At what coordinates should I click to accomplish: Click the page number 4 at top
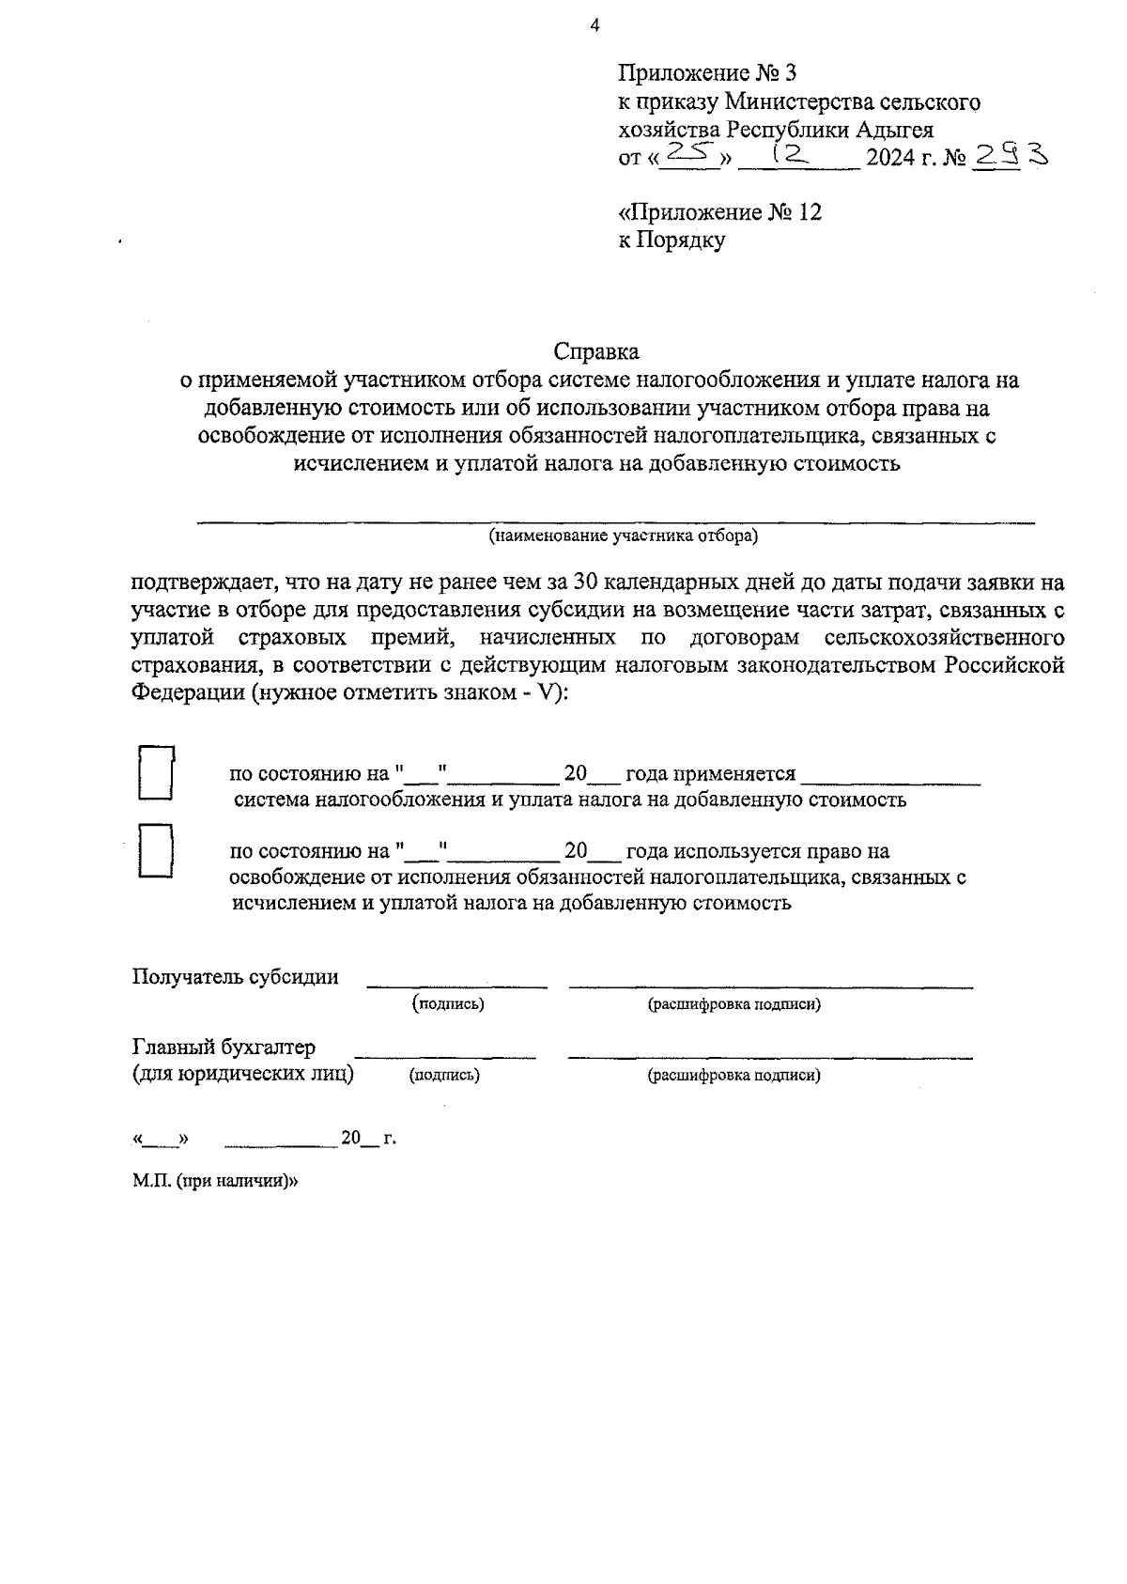pyautogui.click(x=594, y=26)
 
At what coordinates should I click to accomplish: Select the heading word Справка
pyautogui.click(x=596, y=352)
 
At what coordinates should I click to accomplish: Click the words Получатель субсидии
pyautogui.click(x=236, y=976)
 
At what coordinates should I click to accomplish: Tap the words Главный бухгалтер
pyautogui.click(x=224, y=1047)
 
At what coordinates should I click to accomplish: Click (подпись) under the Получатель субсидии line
pyautogui.click(x=449, y=1004)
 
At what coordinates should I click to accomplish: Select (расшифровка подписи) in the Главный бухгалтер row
pyautogui.click(x=734, y=1076)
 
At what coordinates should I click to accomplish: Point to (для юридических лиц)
pyautogui.click(x=243, y=1074)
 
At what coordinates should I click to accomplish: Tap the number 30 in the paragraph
pyautogui.click(x=585, y=583)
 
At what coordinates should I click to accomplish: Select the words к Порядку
pyautogui.click(x=672, y=241)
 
